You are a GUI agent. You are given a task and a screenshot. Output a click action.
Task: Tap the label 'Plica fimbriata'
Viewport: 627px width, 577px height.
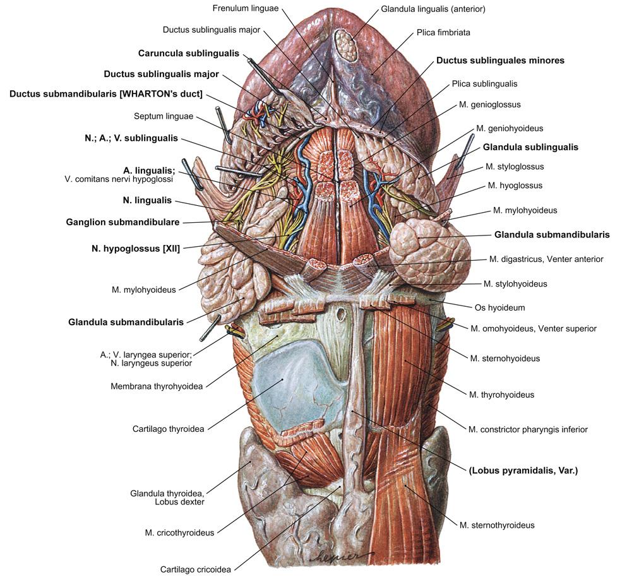[443, 32]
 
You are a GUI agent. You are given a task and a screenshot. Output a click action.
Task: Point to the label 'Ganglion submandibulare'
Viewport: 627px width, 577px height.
[122, 222]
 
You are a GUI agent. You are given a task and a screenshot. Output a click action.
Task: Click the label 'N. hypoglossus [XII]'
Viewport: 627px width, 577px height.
[136, 249]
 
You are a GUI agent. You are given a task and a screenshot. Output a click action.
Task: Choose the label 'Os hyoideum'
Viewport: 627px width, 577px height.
[499, 308]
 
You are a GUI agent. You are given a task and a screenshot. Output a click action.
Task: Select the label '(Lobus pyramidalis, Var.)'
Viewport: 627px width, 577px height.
[523, 470]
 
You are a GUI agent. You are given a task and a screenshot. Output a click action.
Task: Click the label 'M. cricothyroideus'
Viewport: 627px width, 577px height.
[179, 533]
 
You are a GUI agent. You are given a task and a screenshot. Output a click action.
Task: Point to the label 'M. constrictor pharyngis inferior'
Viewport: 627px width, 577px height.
[528, 429]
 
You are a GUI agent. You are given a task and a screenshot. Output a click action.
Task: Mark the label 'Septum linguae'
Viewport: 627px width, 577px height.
[164, 116]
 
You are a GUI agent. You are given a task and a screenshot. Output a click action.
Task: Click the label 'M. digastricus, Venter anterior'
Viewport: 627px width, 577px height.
[546, 259]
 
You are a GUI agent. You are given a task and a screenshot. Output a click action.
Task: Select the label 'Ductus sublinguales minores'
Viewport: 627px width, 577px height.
[500, 61]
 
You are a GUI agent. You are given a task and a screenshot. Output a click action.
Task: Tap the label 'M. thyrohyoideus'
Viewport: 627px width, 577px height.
[501, 395]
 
